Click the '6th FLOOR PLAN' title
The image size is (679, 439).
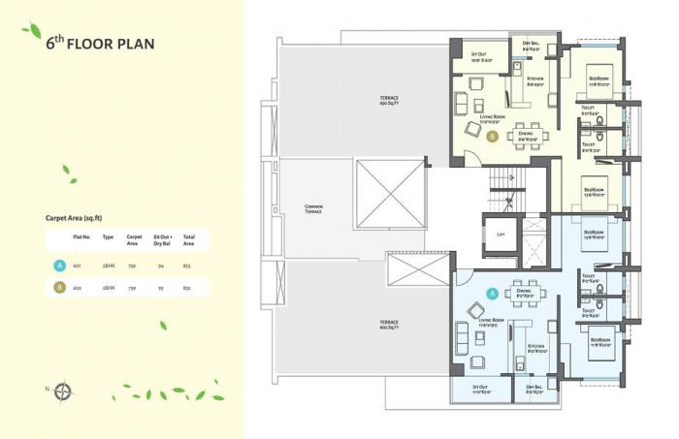click(100, 44)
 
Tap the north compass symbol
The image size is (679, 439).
click(64, 392)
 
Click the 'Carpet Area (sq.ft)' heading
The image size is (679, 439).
click(80, 219)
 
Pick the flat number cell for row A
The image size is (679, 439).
click(77, 265)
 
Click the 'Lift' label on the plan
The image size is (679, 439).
click(500, 234)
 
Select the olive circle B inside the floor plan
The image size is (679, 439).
click(492, 138)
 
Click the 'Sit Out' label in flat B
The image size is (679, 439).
click(478, 56)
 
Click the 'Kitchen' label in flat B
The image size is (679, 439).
click(534, 81)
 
